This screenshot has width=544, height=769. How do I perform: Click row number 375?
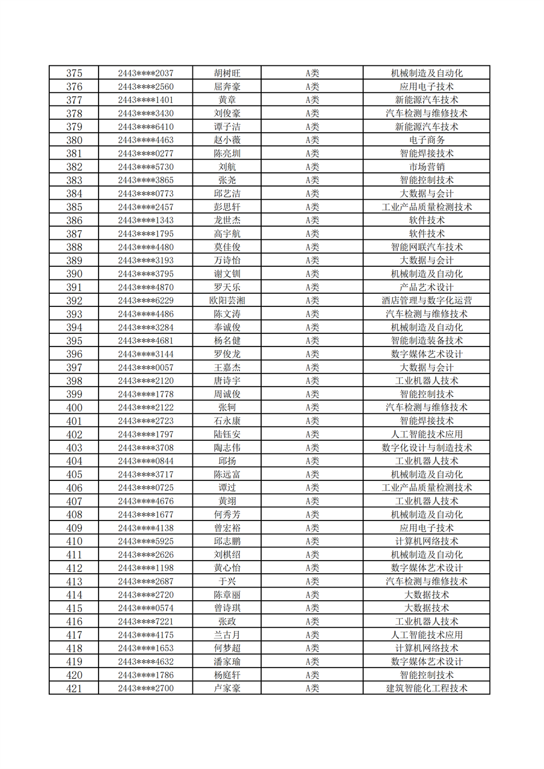click(74, 73)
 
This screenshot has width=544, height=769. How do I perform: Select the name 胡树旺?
click(227, 73)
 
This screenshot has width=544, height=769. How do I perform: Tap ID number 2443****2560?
click(145, 87)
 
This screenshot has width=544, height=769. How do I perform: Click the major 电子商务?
click(427, 140)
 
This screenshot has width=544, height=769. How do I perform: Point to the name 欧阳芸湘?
click(227, 301)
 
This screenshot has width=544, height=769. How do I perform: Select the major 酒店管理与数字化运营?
click(427, 301)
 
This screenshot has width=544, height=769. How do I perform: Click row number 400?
click(74, 408)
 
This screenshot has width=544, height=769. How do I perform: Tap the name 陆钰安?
click(227, 435)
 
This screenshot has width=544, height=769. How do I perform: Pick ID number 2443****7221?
click(145, 622)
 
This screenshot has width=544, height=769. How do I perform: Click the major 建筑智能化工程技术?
click(427, 688)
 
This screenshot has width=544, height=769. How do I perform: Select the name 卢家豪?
click(227, 688)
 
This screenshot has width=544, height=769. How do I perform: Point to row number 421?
click(74, 688)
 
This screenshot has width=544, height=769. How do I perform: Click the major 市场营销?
click(427, 167)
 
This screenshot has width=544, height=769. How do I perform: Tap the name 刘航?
click(227, 167)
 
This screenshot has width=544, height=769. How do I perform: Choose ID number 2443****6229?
click(145, 301)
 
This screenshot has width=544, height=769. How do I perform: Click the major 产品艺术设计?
click(427, 287)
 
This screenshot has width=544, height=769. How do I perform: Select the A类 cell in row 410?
click(312, 542)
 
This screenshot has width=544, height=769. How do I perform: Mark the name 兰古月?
click(227, 635)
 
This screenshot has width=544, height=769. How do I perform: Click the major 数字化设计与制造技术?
click(427, 448)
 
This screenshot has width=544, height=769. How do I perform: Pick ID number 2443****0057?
click(145, 368)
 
